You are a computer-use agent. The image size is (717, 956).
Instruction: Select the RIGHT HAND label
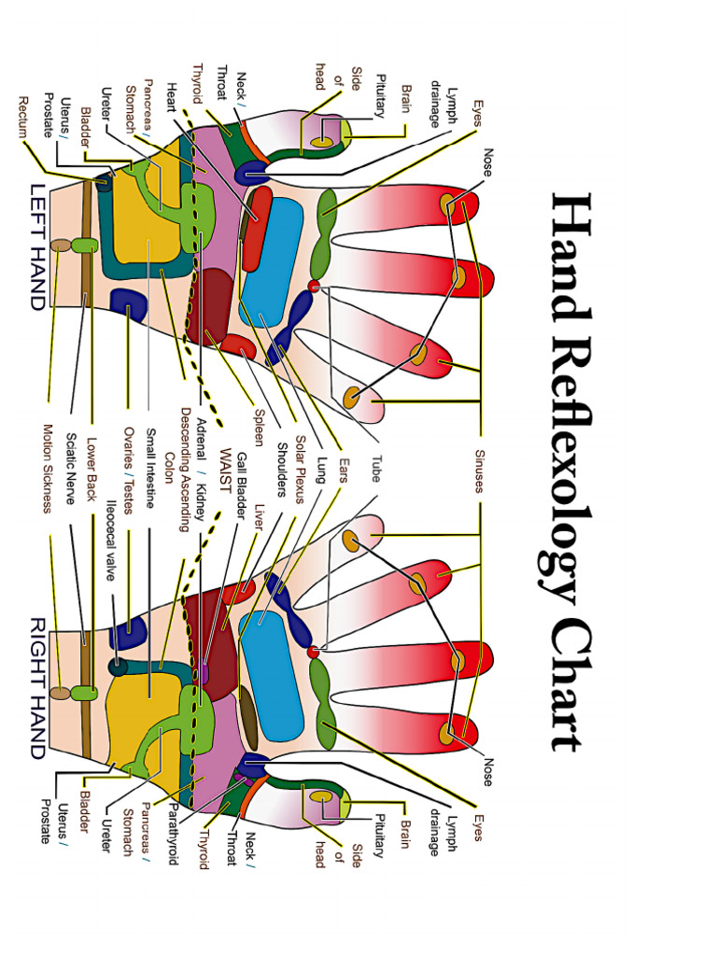point(38,687)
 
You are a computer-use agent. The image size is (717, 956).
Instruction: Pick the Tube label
point(375,467)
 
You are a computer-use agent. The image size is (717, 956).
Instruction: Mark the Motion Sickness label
point(48,469)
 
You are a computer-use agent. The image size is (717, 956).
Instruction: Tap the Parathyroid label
point(174,831)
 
